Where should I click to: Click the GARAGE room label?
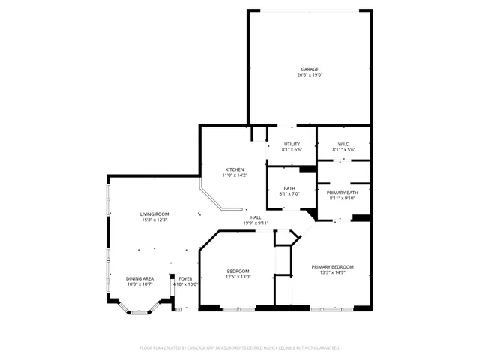pos(309,69)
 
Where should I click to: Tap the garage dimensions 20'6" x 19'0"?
pos(309,75)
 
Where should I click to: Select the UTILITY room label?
pos(292,144)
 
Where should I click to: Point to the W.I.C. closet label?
pos(344,144)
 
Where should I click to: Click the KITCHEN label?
pos(235,169)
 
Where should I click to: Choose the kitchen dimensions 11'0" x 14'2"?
pos(235,175)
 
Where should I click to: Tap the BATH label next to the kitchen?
pos(289,189)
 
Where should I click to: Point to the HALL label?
pos(256,217)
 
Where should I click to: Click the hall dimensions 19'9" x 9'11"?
pos(256,223)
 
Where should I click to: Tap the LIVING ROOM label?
pos(154,214)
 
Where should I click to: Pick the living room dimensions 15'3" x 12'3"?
pos(154,220)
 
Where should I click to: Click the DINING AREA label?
pos(139,278)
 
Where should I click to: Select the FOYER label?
pos(184,278)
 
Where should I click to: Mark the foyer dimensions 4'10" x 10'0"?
pos(184,284)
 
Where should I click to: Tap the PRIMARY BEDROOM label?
pos(333,266)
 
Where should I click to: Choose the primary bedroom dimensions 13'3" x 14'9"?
pos(333,272)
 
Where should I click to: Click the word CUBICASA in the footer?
pos(214,348)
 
